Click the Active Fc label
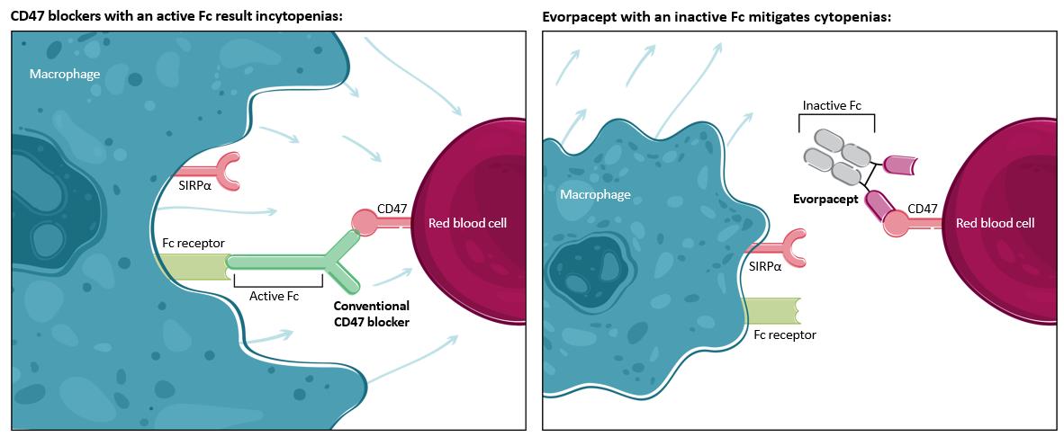click(273, 296)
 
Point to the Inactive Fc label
click(831, 105)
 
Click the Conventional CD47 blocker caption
click(371, 313)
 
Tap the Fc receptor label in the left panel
click(193, 243)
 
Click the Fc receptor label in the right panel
click(784, 334)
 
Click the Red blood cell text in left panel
click(468, 223)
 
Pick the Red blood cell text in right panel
click(995, 223)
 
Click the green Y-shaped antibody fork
click(338, 251)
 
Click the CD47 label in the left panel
click(392, 209)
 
